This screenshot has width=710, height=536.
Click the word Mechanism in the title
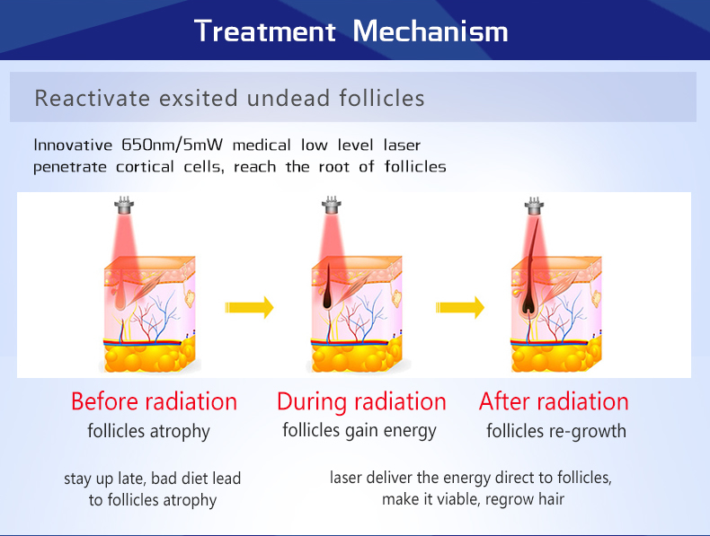[x=430, y=31]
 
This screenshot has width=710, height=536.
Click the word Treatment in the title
[x=265, y=31]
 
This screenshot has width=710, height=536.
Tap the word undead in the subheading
[x=288, y=98]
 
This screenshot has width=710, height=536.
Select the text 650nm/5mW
[x=172, y=145]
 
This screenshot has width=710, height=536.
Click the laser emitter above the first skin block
[x=124, y=206]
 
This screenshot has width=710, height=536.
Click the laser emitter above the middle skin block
[x=332, y=206]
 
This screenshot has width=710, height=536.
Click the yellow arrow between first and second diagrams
[x=249, y=308]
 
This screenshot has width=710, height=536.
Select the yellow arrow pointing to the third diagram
[x=460, y=308]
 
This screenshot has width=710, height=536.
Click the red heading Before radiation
[x=154, y=401]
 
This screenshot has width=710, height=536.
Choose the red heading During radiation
[x=361, y=401]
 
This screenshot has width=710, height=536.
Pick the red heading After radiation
[x=554, y=401]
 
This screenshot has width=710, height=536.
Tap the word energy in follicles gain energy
[x=409, y=431]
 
